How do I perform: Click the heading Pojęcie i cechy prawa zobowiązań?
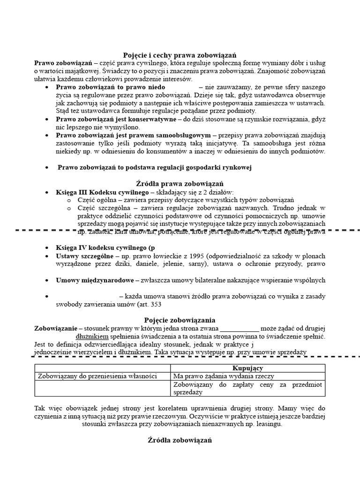[x=180, y=54]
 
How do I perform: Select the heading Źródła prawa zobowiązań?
[x=180, y=183]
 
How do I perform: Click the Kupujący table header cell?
[x=247, y=368]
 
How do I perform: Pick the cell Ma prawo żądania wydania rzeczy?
[x=224, y=376]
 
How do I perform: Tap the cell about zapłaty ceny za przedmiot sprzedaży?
[x=247, y=388]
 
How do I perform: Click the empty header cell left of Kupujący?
[x=102, y=368]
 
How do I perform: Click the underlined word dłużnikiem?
[x=92, y=337]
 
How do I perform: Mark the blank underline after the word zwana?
[x=239, y=328]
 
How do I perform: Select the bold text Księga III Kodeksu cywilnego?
[x=102, y=192]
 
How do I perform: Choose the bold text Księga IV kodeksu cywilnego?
[x=105, y=247]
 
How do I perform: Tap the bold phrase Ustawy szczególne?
[x=84, y=256]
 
